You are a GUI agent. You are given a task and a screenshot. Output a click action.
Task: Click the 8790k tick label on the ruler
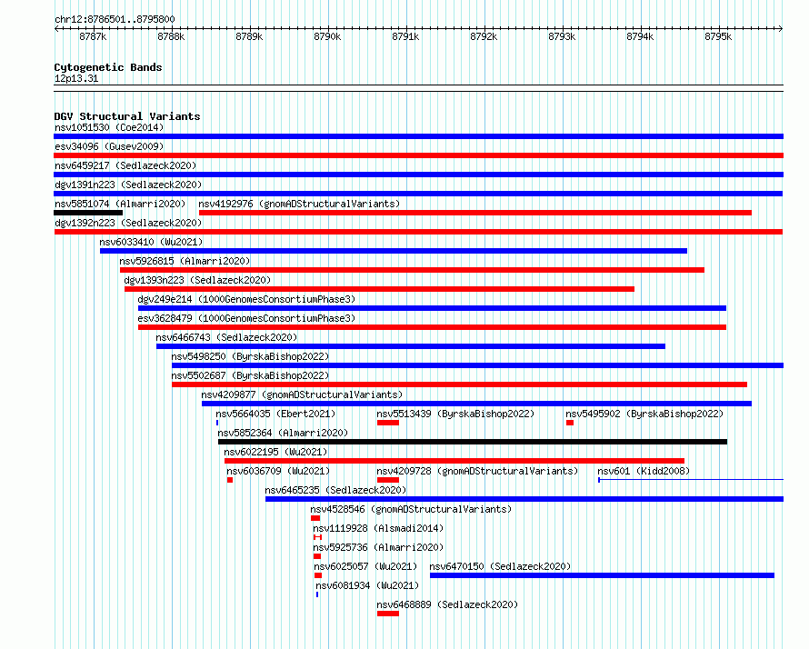327,36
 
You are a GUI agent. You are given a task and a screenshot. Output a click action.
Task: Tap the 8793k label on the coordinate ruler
562,36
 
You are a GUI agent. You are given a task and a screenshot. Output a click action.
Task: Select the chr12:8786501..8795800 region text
115,20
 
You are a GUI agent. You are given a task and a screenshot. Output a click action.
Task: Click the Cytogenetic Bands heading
108,67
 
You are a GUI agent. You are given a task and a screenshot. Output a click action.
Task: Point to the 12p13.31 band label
76,78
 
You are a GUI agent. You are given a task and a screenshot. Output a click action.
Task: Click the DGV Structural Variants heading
127,116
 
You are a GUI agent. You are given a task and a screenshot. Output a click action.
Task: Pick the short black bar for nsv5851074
88,213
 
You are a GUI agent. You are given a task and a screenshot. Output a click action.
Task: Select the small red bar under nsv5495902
570,423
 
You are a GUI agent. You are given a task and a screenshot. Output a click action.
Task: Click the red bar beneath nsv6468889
388,614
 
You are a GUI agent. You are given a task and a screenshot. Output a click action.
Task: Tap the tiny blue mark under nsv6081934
317,594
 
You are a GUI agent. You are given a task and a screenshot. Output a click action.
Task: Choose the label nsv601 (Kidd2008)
644,471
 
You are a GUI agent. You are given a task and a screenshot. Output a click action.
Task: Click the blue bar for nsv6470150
602,575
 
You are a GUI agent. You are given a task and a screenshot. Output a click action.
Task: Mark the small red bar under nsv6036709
230,480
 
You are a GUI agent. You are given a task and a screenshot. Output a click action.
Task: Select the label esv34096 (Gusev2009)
109,146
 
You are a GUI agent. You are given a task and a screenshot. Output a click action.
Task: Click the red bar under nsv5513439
388,423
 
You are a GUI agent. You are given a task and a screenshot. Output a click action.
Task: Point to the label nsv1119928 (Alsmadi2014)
378,528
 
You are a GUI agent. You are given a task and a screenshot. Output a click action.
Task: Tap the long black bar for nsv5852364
473,442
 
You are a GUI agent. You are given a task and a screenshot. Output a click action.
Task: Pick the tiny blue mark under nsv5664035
217,423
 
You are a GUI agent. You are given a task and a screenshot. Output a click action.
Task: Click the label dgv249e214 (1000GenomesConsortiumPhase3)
246,299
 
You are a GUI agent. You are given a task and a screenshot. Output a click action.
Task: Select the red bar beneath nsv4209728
388,480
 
